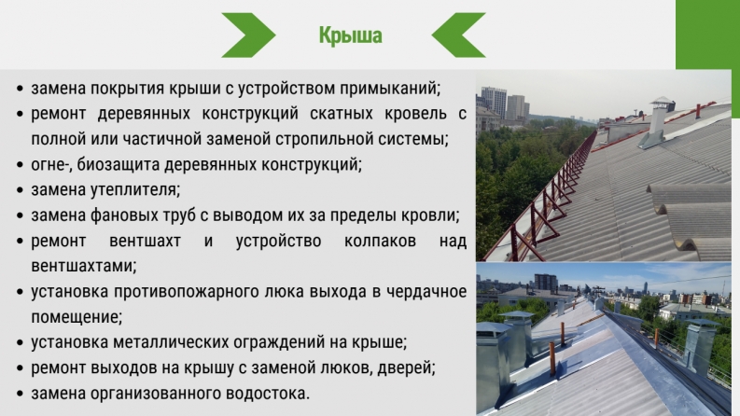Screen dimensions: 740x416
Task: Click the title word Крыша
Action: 350,35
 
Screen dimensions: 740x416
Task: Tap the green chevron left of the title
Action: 249,35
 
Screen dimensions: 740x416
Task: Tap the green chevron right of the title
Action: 459,35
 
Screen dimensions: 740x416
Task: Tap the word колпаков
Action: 380,241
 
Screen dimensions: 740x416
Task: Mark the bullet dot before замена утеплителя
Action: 20,190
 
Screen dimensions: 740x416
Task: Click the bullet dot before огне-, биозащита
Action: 20,165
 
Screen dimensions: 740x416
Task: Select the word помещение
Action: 77,317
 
